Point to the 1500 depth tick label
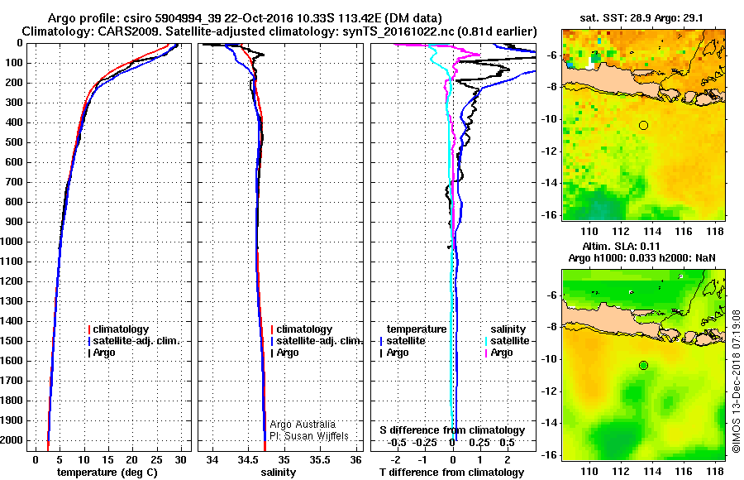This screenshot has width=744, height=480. click(15, 341)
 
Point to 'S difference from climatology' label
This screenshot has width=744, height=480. click(451, 430)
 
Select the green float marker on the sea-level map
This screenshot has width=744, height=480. click(643, 365)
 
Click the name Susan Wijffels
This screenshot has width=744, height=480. click(314, 435)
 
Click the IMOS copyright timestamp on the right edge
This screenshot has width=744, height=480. click(736, 381)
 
